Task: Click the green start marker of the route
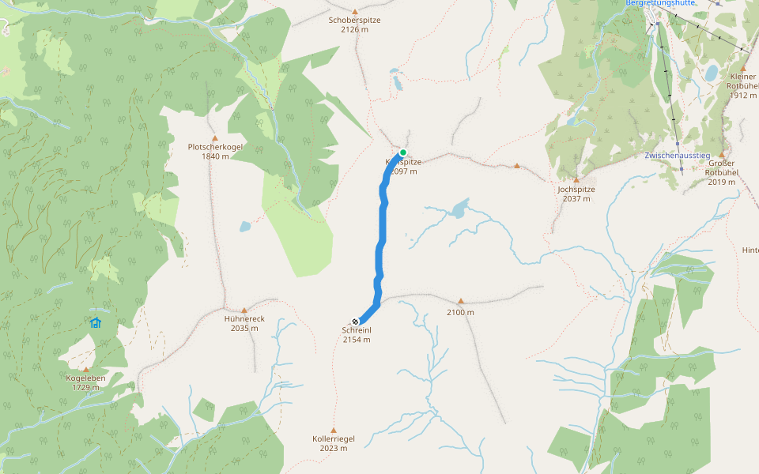click(x=403, y=152)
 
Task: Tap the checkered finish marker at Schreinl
click(x=356, y=321)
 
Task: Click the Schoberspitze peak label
click(x=355, y=20)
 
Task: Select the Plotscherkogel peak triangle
click(x=214, y=138)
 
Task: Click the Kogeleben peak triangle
click(x=85, y=369)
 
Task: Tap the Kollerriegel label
click(x=334, y=438)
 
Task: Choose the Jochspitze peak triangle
click(x=576, y=180)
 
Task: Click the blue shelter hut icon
click(x=96, y=322)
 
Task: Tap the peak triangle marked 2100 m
click(x=461, y=301)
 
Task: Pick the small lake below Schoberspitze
click(x=395, y=81)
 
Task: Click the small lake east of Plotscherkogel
click(x=245, y=227)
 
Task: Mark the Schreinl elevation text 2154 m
click(x=357, y=340)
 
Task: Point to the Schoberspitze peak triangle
click(x=355, y=11)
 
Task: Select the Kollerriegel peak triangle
click(x=333, y=429)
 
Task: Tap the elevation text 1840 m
click(x=215, y=156)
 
